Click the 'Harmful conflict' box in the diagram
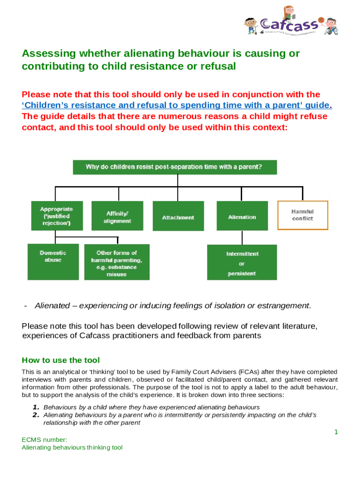pos(302,215)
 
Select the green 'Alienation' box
pos(242,216)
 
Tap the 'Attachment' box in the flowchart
pos(178,217)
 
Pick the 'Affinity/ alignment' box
pos(117,217)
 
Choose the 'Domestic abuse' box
pos(53,261)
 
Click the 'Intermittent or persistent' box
pos(242,262)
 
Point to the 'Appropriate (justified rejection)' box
pos(56,216)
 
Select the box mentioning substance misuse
pos(117,262)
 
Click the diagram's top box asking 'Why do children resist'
pos(174,167)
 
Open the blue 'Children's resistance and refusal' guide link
pos(176,105)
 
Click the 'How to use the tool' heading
pos(61,360)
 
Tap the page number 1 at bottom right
pos(336,432)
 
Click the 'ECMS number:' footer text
pos(44,439)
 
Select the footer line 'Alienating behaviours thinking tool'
pos(72,448)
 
